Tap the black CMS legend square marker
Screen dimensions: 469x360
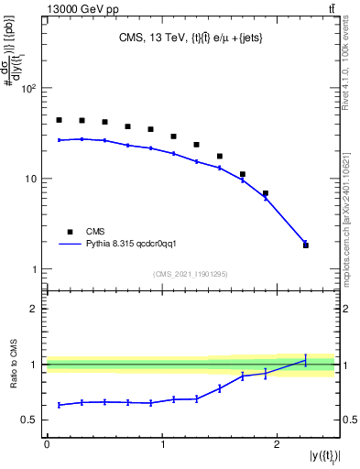66,232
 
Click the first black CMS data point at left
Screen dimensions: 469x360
59,120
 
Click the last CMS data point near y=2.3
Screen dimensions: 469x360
306,245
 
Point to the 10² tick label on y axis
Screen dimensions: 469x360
29,89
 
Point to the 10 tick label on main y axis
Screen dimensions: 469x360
32,179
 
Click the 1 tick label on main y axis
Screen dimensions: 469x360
36,269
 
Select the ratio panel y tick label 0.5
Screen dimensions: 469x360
31,420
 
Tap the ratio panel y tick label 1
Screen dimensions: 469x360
36,365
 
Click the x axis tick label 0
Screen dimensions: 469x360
47,443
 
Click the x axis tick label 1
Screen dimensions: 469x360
162,443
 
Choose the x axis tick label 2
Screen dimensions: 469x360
278,443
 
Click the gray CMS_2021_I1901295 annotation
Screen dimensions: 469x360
190,275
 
